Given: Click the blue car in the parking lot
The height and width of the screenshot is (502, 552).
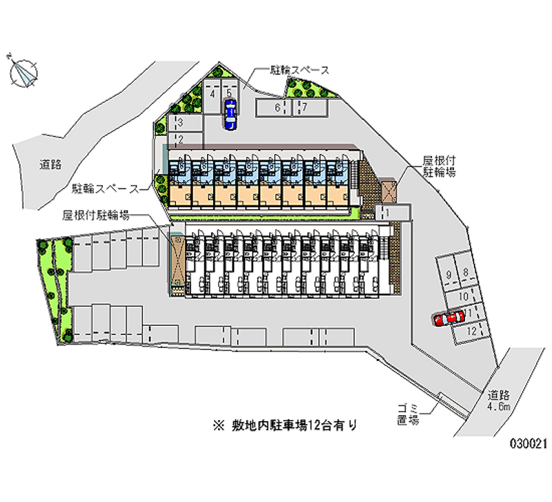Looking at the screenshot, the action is pyautogui.click(x=230, y=114).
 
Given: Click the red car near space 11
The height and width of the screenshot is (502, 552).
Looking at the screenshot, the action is pyautogui.click(x=448, y=318).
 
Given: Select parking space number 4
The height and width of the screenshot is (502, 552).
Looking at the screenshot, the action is pyautogui.click(x=213, y=94).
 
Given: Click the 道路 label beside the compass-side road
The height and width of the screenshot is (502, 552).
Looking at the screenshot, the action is pyautogui.click(x=50, y=164).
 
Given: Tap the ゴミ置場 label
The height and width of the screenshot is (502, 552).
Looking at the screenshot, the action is pyautogui.click(x=408, y=414).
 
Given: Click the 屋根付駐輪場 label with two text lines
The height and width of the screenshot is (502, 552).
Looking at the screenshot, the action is pyautogui.click(x=439, y=166).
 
